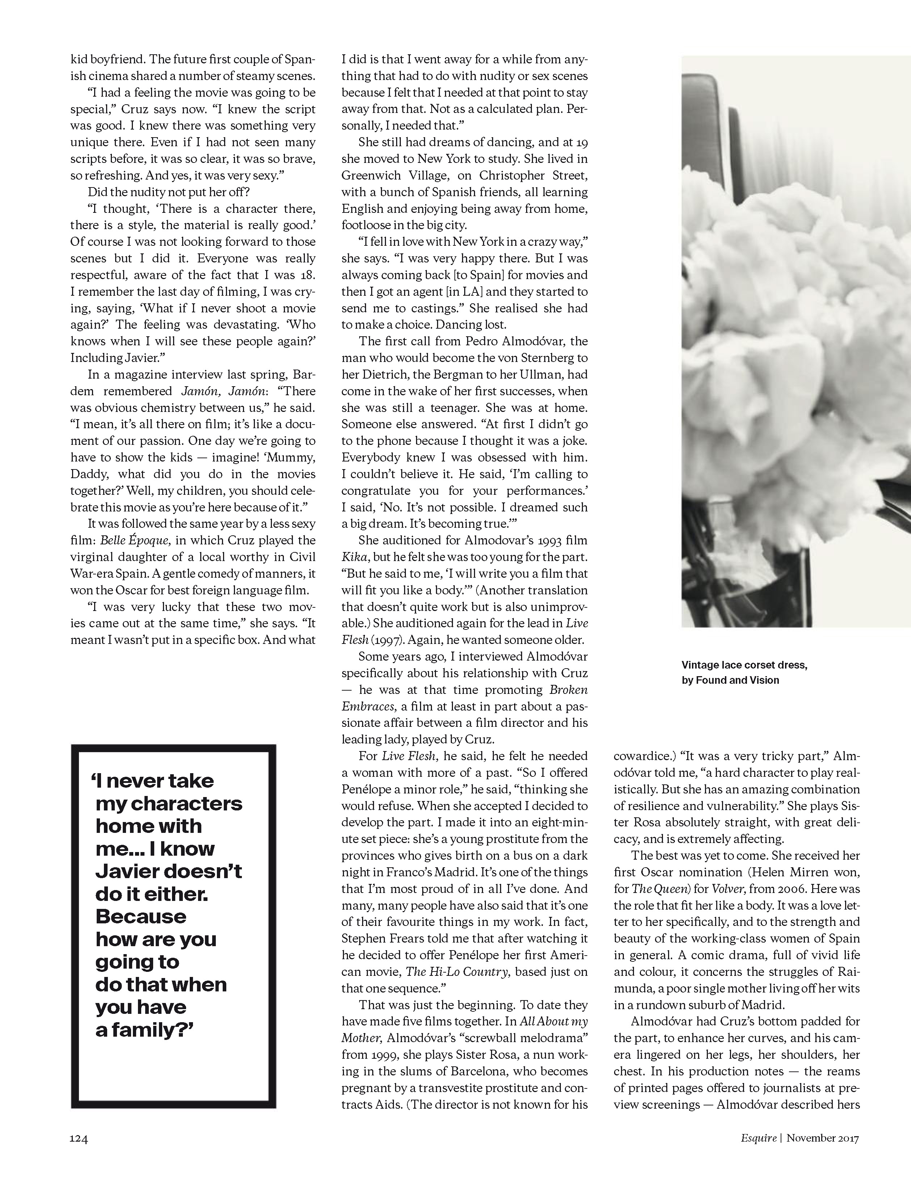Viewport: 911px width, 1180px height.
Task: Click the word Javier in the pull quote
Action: click(125, 872)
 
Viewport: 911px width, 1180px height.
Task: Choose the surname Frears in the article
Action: click(409, 939)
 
